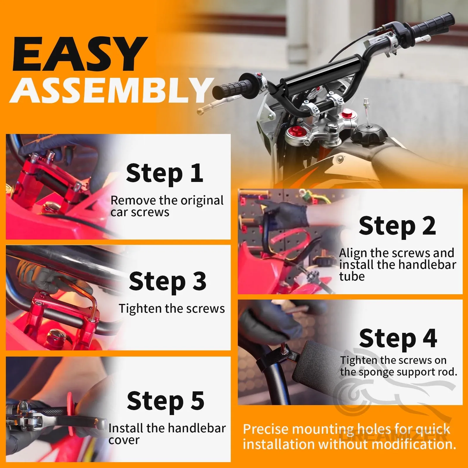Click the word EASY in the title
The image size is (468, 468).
click(80, 54)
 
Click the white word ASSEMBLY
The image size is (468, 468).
click(112, 90)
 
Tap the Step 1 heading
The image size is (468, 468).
click(164, 173)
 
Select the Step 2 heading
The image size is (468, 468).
click(397, 226)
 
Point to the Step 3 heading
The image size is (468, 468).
click(168, 281)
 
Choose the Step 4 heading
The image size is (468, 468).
click(398, 338)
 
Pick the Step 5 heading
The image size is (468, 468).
click(166, 401)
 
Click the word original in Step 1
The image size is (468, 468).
click(202, 201)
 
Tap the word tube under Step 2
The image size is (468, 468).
click(352, 276)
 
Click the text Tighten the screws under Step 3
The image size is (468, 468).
click(172, 309)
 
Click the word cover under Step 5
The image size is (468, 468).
click(124, 441)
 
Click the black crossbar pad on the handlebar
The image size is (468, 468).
click(320, 70)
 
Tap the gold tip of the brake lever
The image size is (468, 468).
click(201, 111)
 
